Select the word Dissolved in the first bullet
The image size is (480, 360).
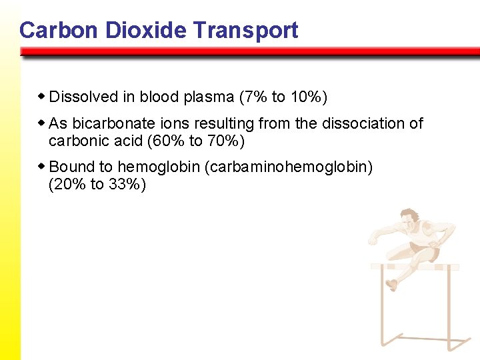[83, 97]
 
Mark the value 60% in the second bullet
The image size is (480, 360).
[167, 141]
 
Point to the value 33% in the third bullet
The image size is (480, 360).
[124, 185]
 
